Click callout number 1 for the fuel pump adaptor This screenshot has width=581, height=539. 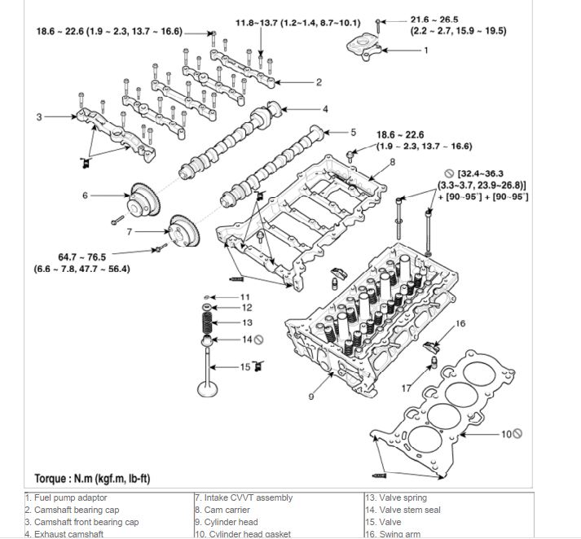click(425, 50)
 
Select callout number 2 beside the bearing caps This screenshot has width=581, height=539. click(319, 82)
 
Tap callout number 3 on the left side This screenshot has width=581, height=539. click(38, 117)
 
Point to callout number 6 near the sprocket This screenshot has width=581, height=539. click(84, 195)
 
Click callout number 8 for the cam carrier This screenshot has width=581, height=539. click(391, 163)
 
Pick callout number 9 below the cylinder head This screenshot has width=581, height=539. click(311, 397)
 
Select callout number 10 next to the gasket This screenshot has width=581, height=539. click(506, 434)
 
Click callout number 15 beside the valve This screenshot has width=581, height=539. click(244, 367)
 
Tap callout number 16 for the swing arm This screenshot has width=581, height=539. click(460, 324)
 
